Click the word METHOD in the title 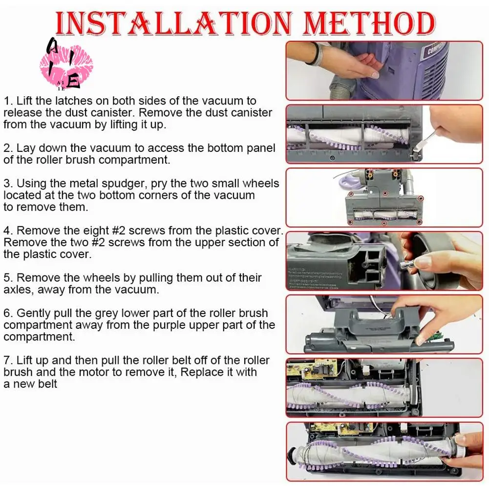[369, 24]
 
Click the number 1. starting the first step [8, 101]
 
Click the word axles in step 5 [19, 290]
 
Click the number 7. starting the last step [8, 360]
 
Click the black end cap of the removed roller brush [293, 456]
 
